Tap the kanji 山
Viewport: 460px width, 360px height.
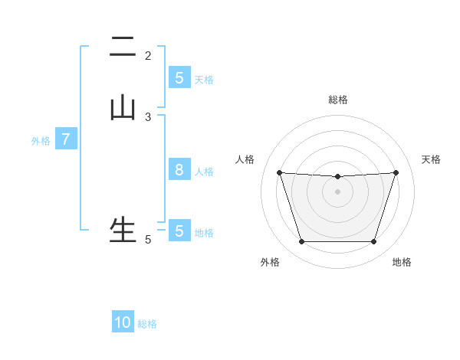(123, 107)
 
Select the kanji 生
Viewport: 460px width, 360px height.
(123, 229)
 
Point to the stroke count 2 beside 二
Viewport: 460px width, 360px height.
(148, 56)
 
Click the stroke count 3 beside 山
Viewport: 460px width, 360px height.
(148, 116)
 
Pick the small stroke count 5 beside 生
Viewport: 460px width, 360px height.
(148, 240)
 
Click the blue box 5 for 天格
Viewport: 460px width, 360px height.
(179, 78)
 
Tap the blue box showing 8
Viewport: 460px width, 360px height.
(179, 170)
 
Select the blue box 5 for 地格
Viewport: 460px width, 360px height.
(179, 231)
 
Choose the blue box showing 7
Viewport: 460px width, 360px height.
(66, 139)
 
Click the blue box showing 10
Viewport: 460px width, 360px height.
(123, 322)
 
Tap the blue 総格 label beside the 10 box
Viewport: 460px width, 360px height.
(147, 324)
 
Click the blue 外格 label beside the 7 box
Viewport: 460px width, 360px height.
(41, 141)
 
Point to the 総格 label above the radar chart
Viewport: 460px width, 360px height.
(338, 100)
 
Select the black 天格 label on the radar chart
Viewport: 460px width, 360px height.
(432, 159)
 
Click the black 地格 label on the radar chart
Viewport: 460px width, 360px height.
(402, 262)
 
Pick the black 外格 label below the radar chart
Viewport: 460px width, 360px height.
(270, 262)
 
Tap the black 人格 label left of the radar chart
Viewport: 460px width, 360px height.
(245, 159)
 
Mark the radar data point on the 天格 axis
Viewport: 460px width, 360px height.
(396, 172)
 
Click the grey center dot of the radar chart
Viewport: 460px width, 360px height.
(337, 191)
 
